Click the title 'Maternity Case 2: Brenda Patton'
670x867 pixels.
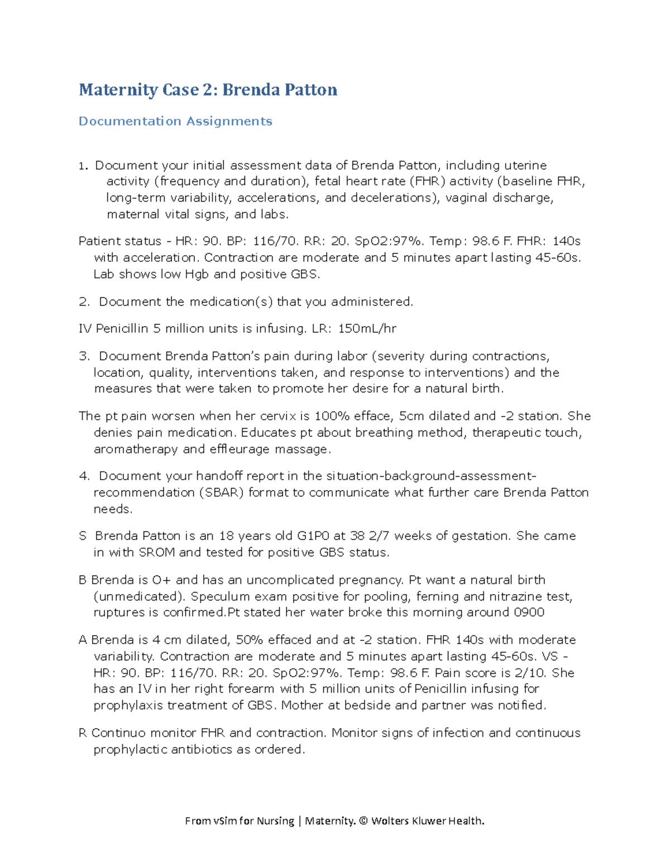tap(208, 90)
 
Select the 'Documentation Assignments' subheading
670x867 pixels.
tap(175, 122)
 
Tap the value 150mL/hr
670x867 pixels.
tap(367, 329)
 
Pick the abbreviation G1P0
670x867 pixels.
tap(313, 536)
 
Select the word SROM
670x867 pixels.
tap(157, 553)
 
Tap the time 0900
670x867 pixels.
tap(528, 612)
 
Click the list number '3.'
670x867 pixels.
tap(84, 356)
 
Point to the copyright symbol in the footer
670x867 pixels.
tap(363, 821)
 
